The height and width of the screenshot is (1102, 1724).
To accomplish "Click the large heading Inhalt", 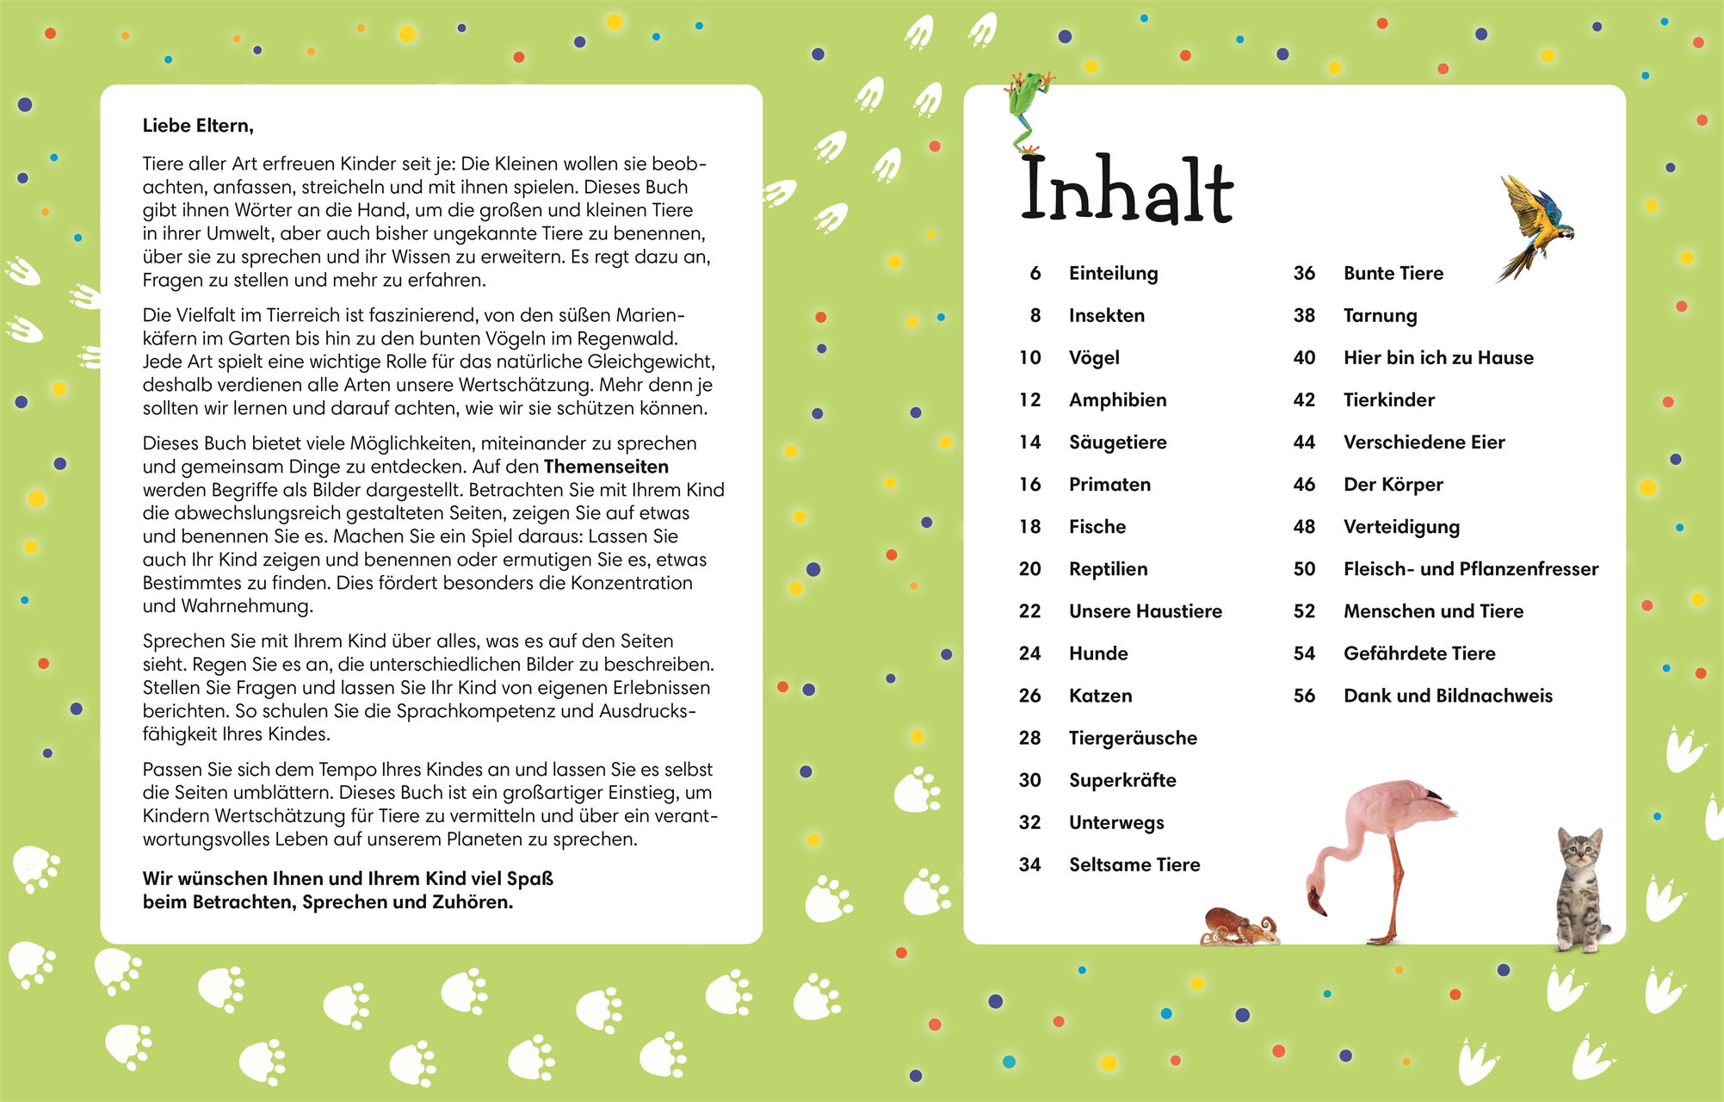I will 1127,190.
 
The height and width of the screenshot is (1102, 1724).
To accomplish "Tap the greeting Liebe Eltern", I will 198,126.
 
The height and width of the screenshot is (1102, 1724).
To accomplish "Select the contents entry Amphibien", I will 1117,399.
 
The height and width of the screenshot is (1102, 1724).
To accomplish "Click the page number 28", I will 1029,738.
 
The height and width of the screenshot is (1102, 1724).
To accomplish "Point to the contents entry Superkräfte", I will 1122,780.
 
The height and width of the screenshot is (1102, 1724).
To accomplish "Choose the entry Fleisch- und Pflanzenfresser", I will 1470,568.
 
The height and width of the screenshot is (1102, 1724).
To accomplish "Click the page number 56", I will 1304,696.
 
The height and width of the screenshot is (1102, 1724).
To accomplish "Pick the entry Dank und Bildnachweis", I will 1448,696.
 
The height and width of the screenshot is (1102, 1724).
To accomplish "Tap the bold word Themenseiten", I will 606,467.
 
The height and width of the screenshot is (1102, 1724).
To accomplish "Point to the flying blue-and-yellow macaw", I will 1536,224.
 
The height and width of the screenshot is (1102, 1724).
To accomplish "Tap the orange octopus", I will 1238,927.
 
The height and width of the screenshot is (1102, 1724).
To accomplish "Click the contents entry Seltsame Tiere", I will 1134,864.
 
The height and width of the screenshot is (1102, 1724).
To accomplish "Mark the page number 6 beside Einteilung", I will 1035,273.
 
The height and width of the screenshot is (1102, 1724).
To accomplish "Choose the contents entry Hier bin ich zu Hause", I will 1438,357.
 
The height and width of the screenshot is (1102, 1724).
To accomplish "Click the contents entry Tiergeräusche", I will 1133,738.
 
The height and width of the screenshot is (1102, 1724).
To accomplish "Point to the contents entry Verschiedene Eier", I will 1424,442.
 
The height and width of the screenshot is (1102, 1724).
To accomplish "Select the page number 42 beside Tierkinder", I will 1304,399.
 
